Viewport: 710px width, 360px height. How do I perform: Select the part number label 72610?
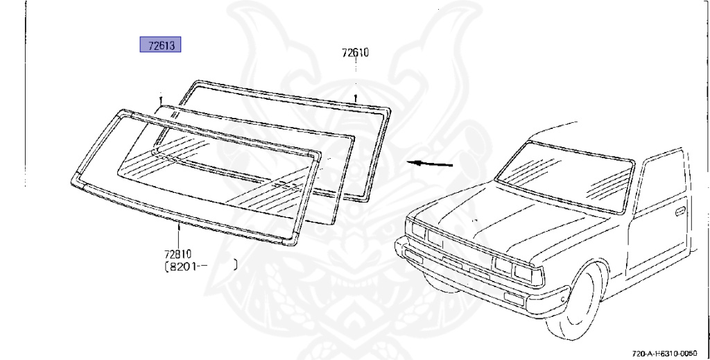click(x=356, y=53)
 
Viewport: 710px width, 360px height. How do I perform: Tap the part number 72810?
click(x=179, y=254)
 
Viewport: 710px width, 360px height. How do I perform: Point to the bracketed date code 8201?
click(x=184, y=265)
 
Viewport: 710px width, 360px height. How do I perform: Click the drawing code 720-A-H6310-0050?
click(x=668, y=352)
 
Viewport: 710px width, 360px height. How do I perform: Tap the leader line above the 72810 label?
click(x=179, y=236)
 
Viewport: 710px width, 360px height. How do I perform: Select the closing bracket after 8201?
click(x=236, y=265)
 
